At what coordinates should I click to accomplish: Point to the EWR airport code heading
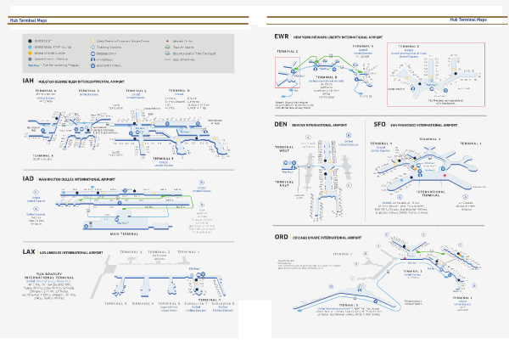click(282, 37)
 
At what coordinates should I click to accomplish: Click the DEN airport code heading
click(282, 124)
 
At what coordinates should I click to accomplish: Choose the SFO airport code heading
click(380, 124)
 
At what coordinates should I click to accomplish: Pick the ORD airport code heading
click(282, 237)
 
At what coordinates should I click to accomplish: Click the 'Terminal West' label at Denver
click(284, 149)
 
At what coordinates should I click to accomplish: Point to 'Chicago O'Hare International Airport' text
click(331, 238)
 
